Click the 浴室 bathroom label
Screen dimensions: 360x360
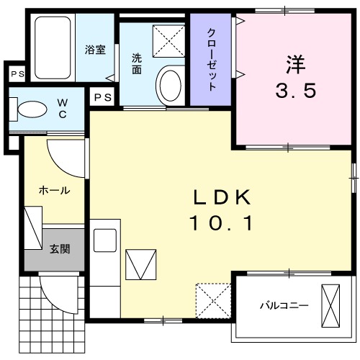click(x=95, y=50)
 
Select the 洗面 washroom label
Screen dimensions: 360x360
click(x=137, y=65)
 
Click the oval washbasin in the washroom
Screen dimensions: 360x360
click(x=170, y=85)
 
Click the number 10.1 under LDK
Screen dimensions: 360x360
click(x=222, y=225)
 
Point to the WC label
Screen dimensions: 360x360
click(x=62, y=108)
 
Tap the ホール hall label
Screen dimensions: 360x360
click(x=54, y=191)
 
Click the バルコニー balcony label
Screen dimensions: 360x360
click(x=284, y=305)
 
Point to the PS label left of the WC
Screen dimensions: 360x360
click(x=15, y=73)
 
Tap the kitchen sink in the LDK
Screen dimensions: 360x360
click(x=105, y=239)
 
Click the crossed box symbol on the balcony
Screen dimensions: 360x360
click(x=332, y=304)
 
